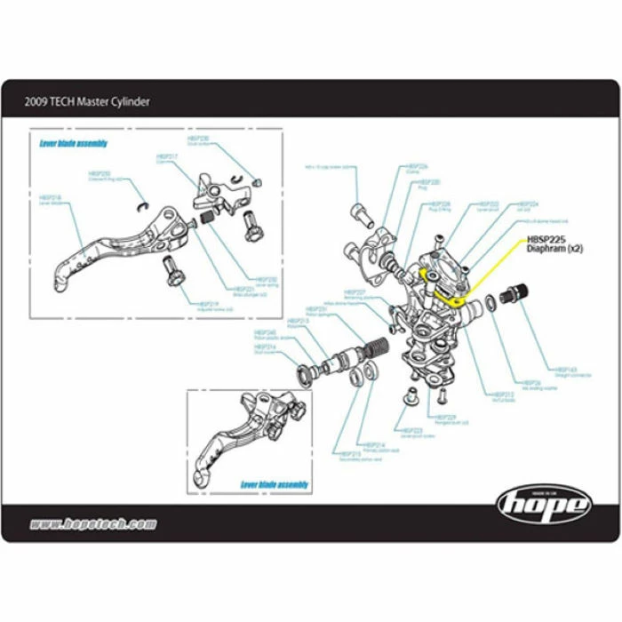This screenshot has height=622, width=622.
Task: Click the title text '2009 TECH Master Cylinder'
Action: click(87, 101)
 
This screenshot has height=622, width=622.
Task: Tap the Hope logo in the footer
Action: click(543, 505)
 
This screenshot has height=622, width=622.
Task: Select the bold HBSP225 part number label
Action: click(546, 238)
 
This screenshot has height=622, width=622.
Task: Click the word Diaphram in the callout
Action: click(545, 249)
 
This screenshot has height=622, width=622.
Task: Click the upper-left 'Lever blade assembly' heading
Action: click(74, 143)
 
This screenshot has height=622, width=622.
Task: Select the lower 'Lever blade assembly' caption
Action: click(275, 484)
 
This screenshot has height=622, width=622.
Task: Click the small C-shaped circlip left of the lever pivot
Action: click(141, 207)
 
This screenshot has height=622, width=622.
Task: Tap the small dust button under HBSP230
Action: click(257, 181)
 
